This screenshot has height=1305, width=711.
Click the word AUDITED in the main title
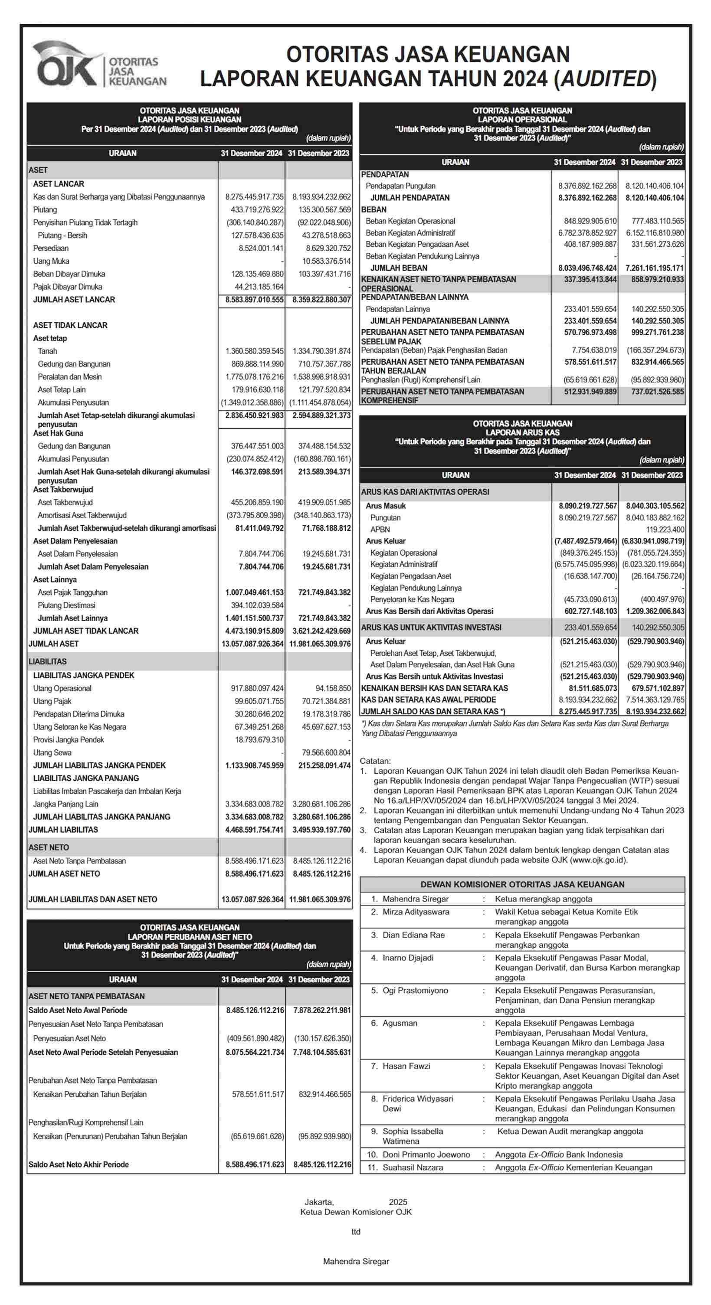[x=605, y=79]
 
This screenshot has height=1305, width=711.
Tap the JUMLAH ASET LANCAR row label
[x=74, y=299]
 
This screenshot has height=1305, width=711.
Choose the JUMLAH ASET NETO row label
[x=64, y=873]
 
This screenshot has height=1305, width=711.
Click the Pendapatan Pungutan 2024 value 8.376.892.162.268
[x=587, y=186]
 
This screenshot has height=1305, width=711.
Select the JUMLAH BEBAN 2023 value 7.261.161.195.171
[x=654, y=268]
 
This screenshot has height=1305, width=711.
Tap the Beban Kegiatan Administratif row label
[x=410, y=233]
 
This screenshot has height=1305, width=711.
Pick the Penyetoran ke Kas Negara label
[x=412, y=599]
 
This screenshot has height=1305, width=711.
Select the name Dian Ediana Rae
[x=413, y=935]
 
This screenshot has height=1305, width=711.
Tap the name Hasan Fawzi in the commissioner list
[x=406, y=1066]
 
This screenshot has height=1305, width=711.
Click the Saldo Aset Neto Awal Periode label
[x=78, y=1010]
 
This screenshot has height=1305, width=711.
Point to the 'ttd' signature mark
[x=356, y=1232]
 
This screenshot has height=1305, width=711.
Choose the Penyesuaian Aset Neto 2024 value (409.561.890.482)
[x=256, y=1038]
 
